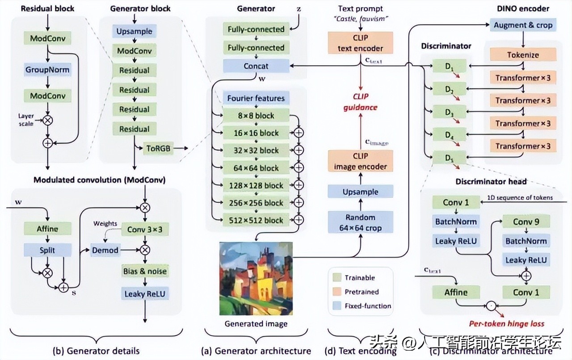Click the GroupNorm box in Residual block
(x=47, y=70)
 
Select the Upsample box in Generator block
(x=134, y=32)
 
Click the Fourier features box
(x=256, y=98)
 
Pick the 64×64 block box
(x=256, y=168)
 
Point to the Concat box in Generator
(x=256, y=66)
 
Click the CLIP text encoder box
(x=360, y=43)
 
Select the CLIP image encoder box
(x=360, y=161)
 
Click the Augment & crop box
(x=523, y=25)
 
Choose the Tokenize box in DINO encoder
(x=523, y=55)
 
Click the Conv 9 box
(x=526, y=222)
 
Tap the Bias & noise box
(x=145, y=271)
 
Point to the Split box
(x=47, y=250)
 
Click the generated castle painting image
(x=256, y=278)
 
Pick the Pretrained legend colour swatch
(x=336, y=292)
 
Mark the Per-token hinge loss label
(x=506, y=323)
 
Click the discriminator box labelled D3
(x=449, y=112)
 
